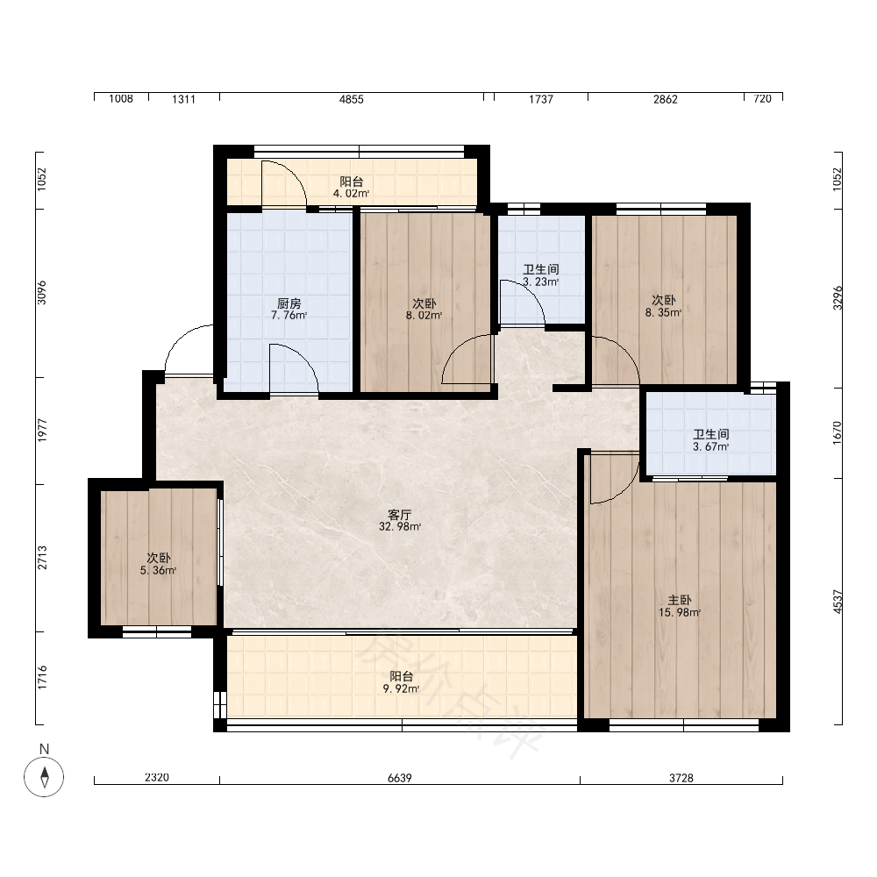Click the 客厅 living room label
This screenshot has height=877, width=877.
pos(399,515)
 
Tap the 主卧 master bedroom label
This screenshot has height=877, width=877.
pos(679,600)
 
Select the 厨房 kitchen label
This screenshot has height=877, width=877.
pos(289,303)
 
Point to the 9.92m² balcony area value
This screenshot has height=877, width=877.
pos(401,689)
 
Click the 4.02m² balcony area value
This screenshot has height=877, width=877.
pos(352,194)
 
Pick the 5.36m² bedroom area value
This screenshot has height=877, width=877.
pos(158,571)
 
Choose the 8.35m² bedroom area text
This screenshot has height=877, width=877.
pos(663,313)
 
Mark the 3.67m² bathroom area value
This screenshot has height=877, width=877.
pos(711,447)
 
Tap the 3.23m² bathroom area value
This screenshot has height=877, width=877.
pos(541,282)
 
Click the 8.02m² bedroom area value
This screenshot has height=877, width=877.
pos(424,316)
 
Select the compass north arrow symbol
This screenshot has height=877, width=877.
pos(44,777)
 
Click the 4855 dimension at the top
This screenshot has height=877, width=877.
pos(352,100)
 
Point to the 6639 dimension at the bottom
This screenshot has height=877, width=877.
pos(400,778)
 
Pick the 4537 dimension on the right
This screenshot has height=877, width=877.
pos(838,602)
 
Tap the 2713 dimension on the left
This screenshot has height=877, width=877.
pos(42,558)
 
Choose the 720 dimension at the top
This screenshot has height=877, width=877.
pos(762,99)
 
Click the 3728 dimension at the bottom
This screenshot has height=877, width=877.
pos(681,778)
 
